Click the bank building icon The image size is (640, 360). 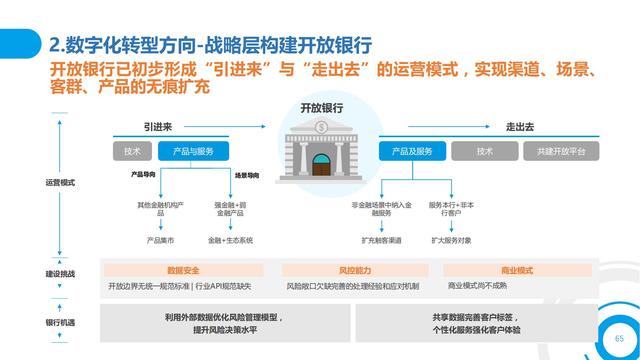(320, 150)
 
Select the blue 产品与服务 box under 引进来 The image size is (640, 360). (193, 152)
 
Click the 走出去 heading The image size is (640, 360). (521, 127)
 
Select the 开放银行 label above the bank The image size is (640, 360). (321, 107)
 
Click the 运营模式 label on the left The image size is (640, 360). (60, 183)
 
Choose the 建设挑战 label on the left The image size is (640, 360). (60, 273)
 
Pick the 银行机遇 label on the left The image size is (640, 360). (60, 322)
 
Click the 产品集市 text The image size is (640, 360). (160, 240)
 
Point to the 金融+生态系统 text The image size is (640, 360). (231, 240)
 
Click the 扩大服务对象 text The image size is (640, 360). (451, 240)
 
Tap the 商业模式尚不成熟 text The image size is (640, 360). (477, 286)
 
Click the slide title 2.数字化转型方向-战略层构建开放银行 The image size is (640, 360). (210, 45)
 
